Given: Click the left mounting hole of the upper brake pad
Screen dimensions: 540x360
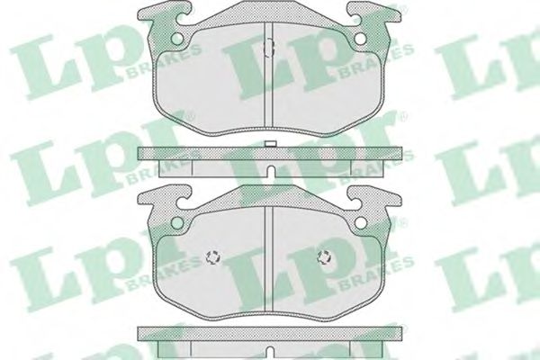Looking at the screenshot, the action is coord(177,39).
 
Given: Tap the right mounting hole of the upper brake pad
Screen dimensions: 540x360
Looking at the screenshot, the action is coord(361,39).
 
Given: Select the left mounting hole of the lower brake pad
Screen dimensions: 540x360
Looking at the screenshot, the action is coord(177,222).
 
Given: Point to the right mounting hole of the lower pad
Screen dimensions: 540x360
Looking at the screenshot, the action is coord(361,222).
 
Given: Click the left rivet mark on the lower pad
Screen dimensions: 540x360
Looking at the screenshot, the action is coord(213,257).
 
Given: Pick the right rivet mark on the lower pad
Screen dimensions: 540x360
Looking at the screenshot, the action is coord(325,257).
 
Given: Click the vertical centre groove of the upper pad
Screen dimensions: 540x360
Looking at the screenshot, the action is coord(269,75).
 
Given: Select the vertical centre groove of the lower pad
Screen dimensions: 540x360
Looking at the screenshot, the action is coord(269,259).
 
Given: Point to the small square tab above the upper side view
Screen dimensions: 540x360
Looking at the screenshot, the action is coord(270,144).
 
